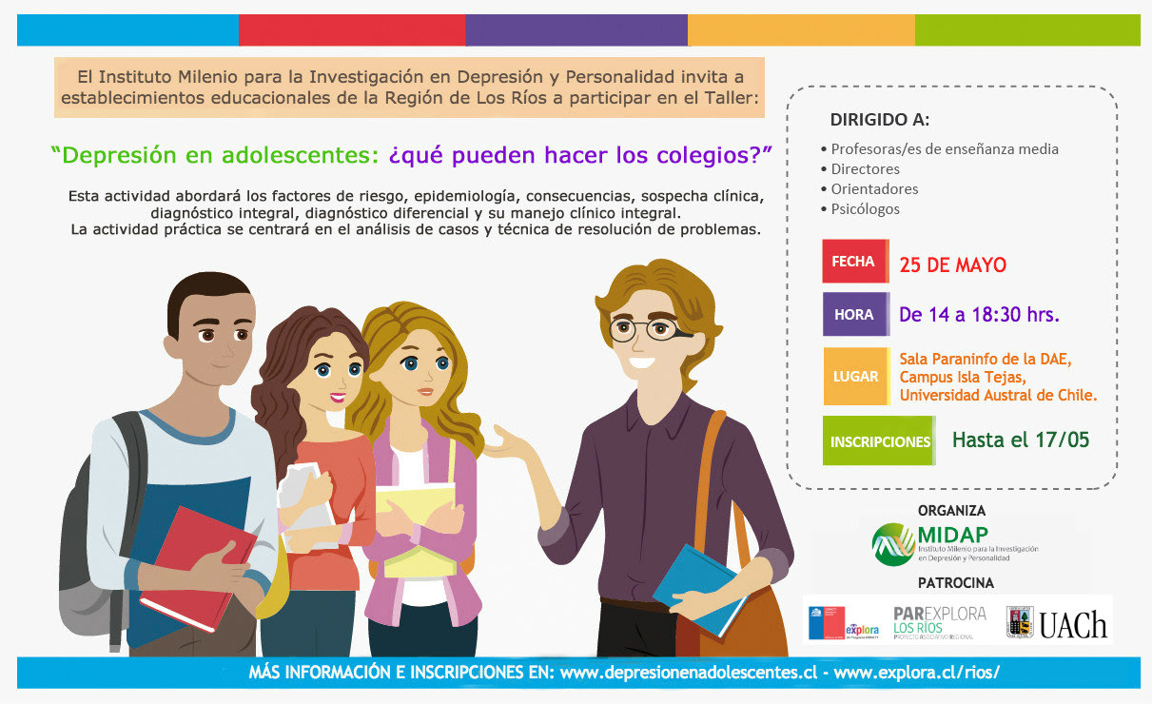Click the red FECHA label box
[855, 262]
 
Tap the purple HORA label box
[856, 314]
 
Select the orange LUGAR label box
[856, 377]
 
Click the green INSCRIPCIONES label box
[879, 440]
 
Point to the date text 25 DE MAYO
[952, 264]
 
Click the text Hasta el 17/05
[1021, 440]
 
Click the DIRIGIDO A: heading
[880, 120]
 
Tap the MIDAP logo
[954, 544]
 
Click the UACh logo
[1057, 623]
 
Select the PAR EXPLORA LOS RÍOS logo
[940, 622]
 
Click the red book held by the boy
[198, 568]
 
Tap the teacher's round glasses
[648, 329]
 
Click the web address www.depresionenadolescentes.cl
[688, 673]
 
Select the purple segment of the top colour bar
[576, 29]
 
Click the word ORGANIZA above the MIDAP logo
[951, 511]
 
